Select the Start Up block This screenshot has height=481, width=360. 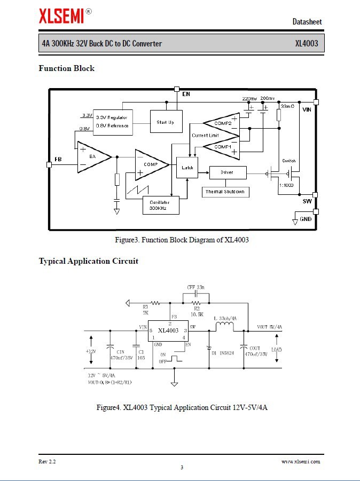[x=166, y=122]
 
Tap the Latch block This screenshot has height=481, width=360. [x=187, y=168]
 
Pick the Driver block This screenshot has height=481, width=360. [x=228, y=172]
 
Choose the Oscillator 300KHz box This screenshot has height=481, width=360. [x=161, y=205]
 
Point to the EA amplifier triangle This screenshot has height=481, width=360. [x=92, y=156]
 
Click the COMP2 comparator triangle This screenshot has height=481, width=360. [x=222, y=124]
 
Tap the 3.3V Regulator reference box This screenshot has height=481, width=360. [x=113, y=122]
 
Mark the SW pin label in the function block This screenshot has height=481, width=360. [x=307, y=201]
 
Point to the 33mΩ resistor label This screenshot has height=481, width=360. [x=287, y=106]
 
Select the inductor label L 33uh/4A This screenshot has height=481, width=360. [x=225, y=318]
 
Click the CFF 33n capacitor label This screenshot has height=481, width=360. [x=196, y=287]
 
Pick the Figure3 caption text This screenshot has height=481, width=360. [x=182, y=240]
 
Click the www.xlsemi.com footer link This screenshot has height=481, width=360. [x=301, y=461]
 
